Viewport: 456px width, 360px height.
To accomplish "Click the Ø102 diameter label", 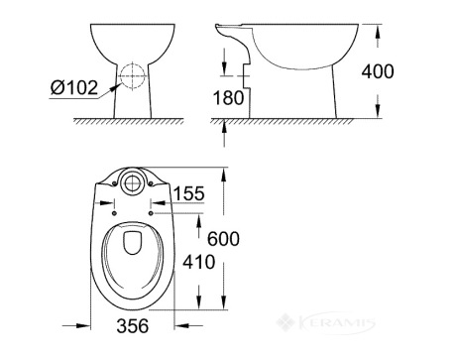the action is (x=74, y=87).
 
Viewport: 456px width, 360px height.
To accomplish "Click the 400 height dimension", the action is (x=378, y=71).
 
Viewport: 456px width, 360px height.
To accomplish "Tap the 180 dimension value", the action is (x=228, y=98).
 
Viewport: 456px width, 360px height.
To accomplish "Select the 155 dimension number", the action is (x=189, y=193).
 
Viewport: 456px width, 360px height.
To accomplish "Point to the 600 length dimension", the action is (x=223, y=239).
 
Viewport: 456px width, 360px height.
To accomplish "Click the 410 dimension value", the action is (x=199, y=262).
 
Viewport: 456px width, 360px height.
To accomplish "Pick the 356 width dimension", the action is (x=133, y=326).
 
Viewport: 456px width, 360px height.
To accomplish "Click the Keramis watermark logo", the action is (x=326, y=322).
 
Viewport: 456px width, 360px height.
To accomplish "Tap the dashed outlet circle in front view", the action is (x=133, y=76).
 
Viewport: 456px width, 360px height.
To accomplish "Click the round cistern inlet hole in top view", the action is (x=133, y=181).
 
